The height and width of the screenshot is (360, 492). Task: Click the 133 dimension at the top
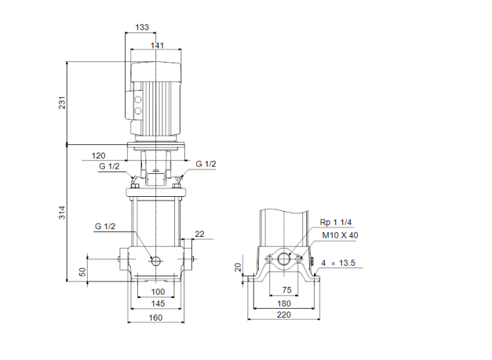[x=141, y=27]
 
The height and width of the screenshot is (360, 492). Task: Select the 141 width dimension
[x=157, y=46]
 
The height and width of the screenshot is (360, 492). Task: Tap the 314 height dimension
[x=62, y=212]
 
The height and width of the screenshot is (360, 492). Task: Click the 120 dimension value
[x=98, y=155]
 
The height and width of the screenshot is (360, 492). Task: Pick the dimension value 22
[x=200, y=234]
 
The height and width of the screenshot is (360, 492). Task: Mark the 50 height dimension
[x=82, y=271]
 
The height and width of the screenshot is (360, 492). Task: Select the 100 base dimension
[x=157, y=292]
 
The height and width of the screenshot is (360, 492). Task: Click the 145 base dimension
[x=157, y=304]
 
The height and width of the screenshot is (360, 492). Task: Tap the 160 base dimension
[x=155, y=318]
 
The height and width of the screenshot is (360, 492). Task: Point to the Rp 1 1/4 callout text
[x=335, y=223]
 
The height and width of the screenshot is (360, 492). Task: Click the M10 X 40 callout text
[x=339, y=236]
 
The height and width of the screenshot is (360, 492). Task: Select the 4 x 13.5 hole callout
[x=338, y=264]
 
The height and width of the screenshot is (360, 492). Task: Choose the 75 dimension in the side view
[x=286, y=290]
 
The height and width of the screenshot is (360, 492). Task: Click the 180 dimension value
[x=285, y=303]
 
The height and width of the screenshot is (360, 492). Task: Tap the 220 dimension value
[x=283, y=316]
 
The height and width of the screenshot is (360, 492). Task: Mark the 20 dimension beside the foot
[x=238, y=267]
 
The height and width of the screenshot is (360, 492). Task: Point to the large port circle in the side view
[x=285, y=259]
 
